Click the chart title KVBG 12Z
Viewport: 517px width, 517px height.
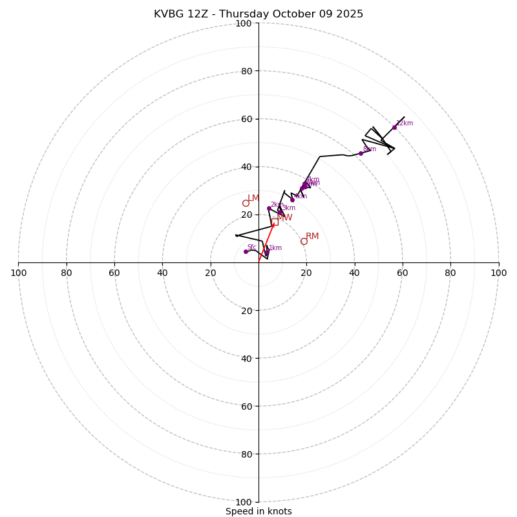258,14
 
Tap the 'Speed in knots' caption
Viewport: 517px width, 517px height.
258,511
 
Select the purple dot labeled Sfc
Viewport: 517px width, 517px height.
246,251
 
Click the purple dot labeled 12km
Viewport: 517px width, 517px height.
394,127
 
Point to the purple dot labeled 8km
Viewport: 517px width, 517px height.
361,153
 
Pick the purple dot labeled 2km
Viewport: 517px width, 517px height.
269,208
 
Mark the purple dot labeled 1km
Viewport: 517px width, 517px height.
267,252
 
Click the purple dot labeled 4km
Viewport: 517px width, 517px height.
292,200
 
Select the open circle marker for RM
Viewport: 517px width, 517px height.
304,241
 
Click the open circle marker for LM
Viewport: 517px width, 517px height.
246,203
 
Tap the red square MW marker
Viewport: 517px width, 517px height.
275,222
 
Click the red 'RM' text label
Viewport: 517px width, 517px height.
312,237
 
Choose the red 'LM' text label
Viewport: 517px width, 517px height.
253,198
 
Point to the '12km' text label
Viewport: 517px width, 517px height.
405,123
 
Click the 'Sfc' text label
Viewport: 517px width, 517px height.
252,248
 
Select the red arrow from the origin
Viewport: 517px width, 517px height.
266,243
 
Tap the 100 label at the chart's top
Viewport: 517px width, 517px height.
244,23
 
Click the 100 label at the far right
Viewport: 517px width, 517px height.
499,273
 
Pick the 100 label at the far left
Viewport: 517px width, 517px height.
18,273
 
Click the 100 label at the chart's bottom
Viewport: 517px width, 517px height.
244,502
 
